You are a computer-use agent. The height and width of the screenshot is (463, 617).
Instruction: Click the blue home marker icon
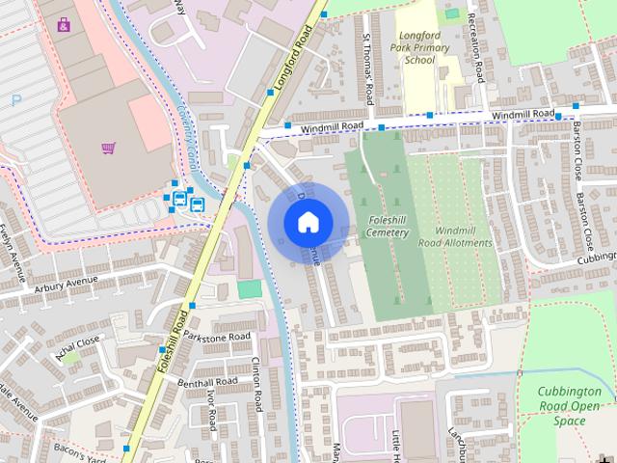tap(308, 222)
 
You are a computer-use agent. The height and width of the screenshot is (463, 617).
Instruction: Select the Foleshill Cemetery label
tap(389, 227)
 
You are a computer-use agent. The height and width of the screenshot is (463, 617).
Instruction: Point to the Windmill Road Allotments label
tap(456, 237)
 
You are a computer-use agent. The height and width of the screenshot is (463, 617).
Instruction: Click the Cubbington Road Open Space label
tap(570, 406)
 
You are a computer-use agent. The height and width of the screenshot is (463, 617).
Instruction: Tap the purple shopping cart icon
tap(108, 148)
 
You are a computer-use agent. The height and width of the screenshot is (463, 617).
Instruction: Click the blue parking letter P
tap(15, 99)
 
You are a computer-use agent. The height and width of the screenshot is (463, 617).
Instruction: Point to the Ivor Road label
tap(210, 410)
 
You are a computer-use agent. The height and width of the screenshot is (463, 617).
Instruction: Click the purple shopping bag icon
tap(64, 24)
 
